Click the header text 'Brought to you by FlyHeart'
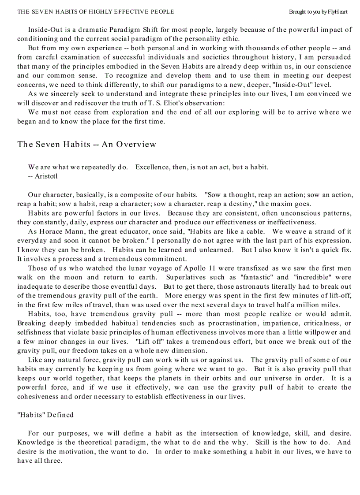tap(318, 11)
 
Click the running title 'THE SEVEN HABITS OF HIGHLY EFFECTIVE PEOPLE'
tap(95, 11)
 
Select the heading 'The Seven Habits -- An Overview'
tap(87, 144)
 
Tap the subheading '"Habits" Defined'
tap(45, 415)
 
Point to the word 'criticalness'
tap(322, 323)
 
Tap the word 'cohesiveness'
tap(37, 397)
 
